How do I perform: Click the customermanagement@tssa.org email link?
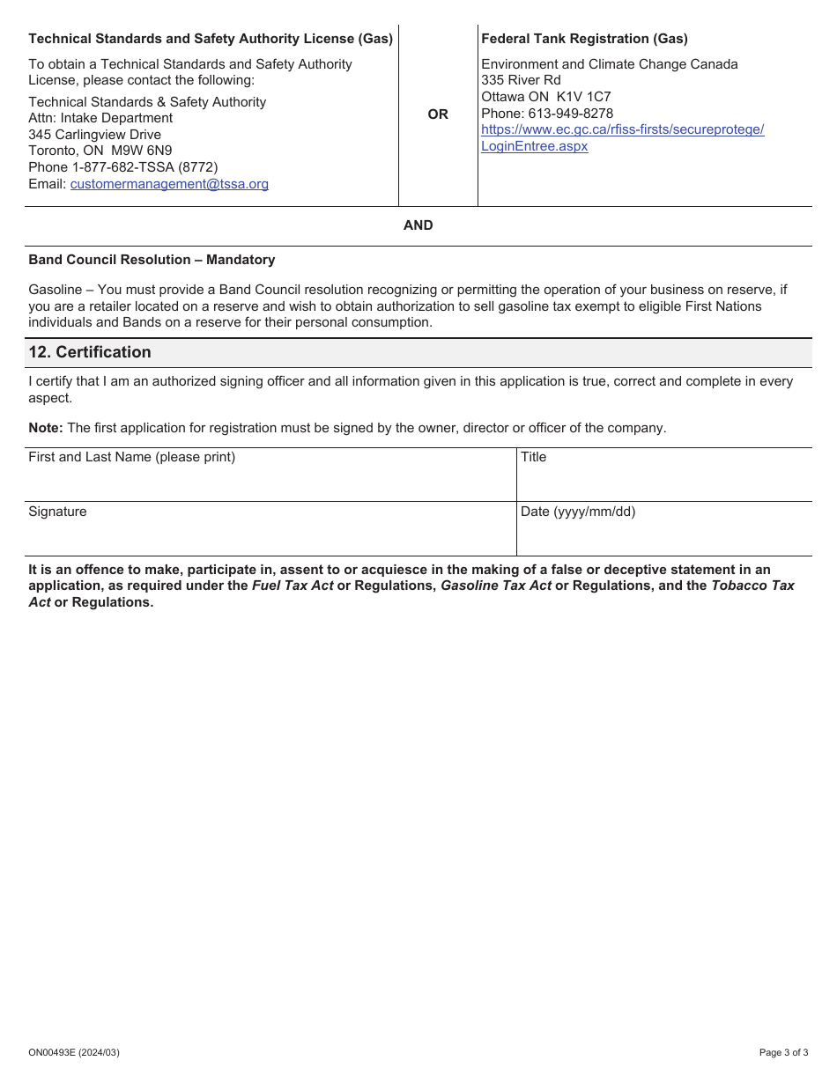(169, 184)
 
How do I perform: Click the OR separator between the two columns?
(438, 114)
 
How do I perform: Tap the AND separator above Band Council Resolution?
(418, 225)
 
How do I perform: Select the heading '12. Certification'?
(90, 352)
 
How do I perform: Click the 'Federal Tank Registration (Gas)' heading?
(584, 39)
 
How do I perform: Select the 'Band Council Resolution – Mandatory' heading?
(152, 260)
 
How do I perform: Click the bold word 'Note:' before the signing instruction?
(45, 428)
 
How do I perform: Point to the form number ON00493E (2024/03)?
(74, 1052)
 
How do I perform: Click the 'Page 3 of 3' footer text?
(783, 1052)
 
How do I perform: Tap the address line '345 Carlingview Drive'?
(95, 135)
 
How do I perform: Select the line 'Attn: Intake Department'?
(100, 118)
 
